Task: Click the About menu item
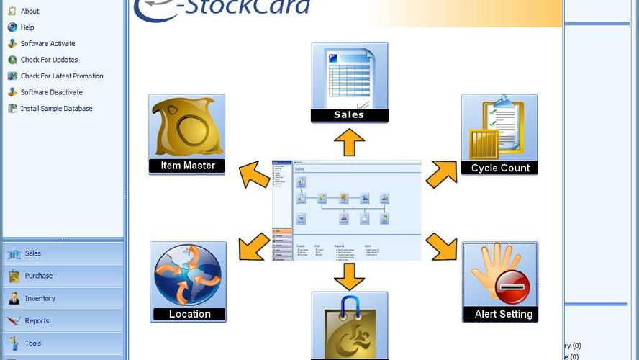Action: point(30,12)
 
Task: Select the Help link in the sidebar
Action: point(27,27)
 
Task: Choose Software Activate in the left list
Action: point(47,44)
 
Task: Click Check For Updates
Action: point(49,60)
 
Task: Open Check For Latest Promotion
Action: point(62,76)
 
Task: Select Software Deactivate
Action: point(51,92)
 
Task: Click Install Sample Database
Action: point(56,109)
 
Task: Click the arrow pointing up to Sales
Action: point(350,143)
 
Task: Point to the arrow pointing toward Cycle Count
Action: point(441,174)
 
